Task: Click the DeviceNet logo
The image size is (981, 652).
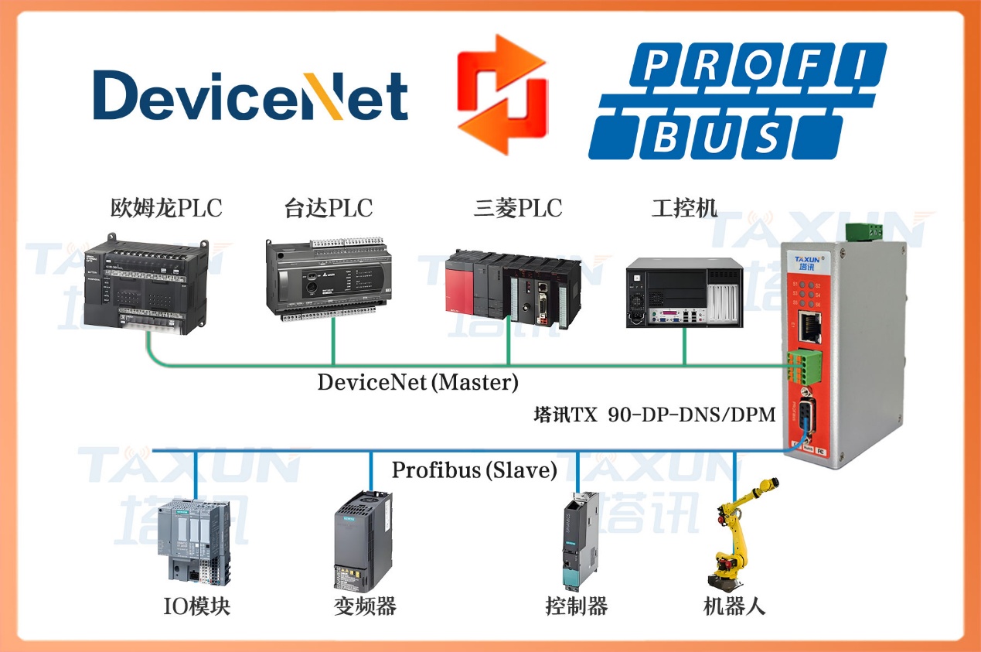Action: [x=250, y=96]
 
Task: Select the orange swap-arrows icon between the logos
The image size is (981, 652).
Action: [x=501, y=94]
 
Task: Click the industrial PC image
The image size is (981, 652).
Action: [x=683, y=290]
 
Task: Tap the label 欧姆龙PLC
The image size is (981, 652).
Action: [x=165, y=208]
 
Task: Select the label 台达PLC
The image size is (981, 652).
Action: [x=329, y=208]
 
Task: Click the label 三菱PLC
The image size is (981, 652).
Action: [x=518, y=208]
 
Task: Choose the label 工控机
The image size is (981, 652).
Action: [x=684, y=208]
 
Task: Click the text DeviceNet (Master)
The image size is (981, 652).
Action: [x=418, y=382]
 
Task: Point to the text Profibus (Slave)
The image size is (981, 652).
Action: [x=474, y=470]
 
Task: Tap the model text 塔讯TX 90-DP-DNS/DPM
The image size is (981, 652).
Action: [x=654, y=415]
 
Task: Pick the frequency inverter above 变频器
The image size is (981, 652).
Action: [x=363, y=541]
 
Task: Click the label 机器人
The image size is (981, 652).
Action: [x=734, y=606]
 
